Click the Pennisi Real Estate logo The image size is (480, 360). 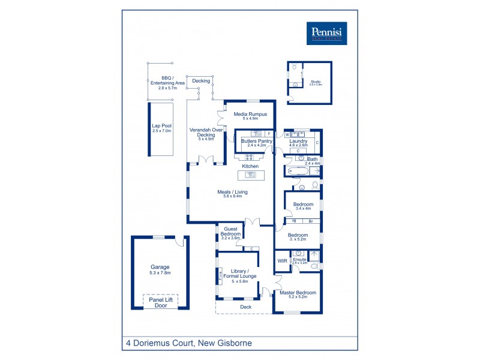click(327, 32)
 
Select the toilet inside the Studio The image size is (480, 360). click(295, 67)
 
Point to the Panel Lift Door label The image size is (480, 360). click(160, 302)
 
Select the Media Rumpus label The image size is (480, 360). click(250, 115)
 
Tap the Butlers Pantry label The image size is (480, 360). click(257, 143)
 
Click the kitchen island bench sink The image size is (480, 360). click(250, 175)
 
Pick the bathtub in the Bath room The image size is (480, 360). click(297, 172)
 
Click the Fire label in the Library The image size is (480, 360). click(220, 275)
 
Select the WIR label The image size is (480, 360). click(282, 261)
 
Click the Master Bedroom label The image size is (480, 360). click(298, 294)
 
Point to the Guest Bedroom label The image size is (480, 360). click(231, 233)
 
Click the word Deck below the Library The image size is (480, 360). click(245, 307)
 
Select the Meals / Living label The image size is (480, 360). click(232, 194)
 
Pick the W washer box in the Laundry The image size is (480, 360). click(287, 134)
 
